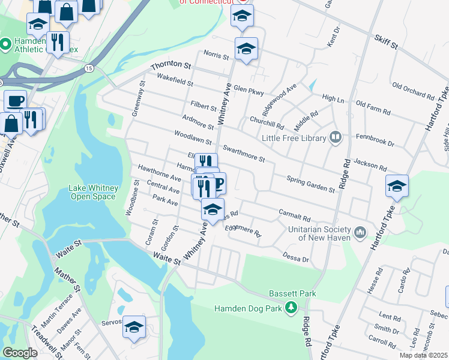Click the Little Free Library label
(294, 139)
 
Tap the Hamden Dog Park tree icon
(291, 308)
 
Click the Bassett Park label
(292, 293)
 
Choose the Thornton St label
(170, 65)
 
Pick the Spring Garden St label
(310, 184)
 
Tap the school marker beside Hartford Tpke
(397, 187)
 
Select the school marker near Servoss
(134, 327)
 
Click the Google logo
(20, 353)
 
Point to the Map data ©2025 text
(423, 355)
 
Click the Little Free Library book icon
(335, 139)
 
